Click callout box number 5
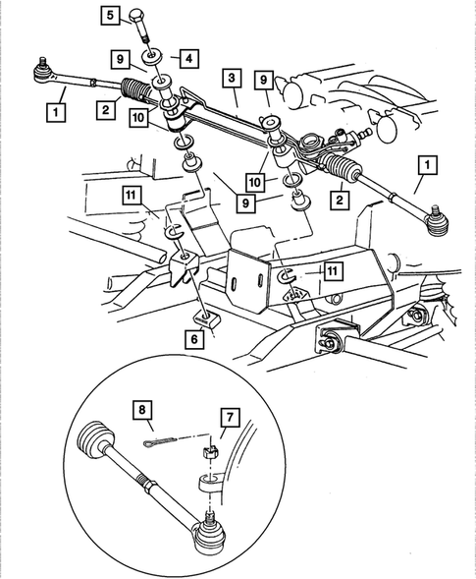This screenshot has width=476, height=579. [110, 15]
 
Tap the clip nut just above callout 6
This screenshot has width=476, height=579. [207, 317]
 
